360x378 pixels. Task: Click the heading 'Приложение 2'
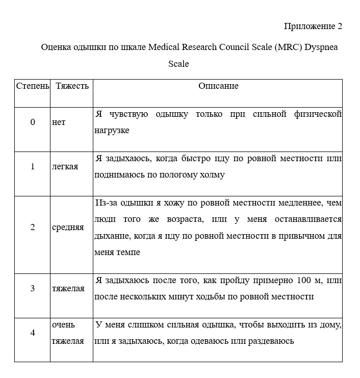pos(313,27)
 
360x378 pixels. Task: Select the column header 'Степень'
pos(33,86)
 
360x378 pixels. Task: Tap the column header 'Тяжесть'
pos(72,86)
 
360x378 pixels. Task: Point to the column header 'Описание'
pos(218,86)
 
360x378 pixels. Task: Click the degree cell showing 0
pos(33,122)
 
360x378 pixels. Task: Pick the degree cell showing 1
pos(33,166)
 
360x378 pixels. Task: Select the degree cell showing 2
pos(33,227)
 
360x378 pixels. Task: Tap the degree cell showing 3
pos(33,288)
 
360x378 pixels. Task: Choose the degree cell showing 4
pos(33,333)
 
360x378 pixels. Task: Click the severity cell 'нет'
pos(59,122)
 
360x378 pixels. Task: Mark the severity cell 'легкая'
pos(65,167)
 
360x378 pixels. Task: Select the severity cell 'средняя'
pos(68,228)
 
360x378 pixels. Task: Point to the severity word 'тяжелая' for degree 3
pos(68,289)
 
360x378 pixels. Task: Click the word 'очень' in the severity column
pos(63,324)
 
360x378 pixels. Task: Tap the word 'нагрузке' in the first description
pos(112,131)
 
